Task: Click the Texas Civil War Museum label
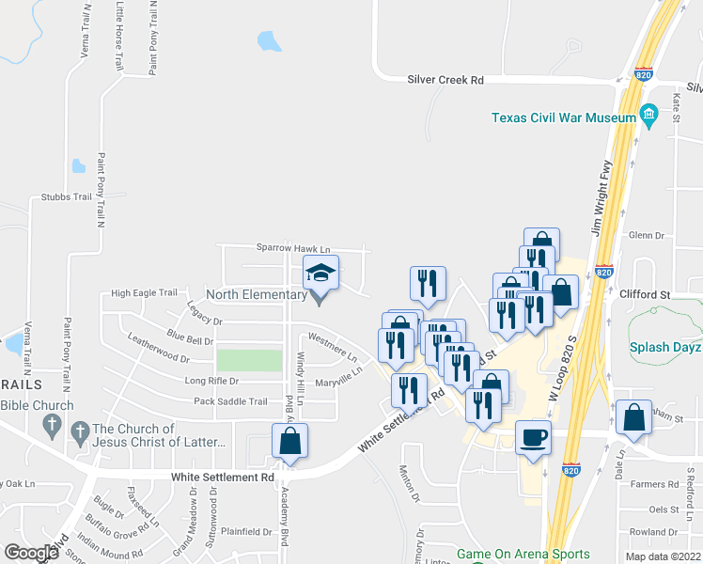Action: (565, 117)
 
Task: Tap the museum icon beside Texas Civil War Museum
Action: (648, 117)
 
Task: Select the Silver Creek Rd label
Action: (445, 81)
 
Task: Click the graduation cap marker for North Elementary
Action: (320, 274)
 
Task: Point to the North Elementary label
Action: (257, 294)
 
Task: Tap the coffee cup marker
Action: (533, 437)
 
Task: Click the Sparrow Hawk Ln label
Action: (294, 249)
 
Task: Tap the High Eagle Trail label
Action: (144, 293)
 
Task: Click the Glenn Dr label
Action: (646, 236)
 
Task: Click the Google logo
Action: (31, 553)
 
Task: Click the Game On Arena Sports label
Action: (523, 555)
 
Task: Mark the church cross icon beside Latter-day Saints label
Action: (80, 431)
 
